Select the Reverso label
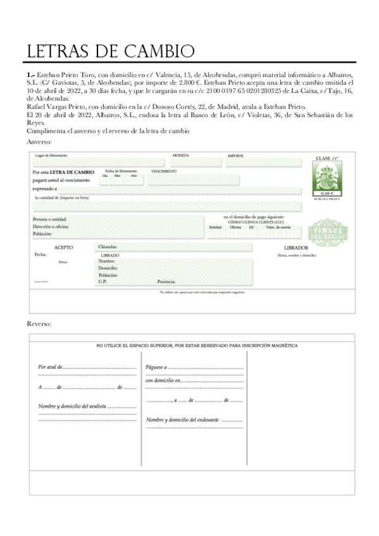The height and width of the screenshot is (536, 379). [x=39, y=323]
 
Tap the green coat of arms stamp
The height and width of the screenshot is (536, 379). [x=327, y=175]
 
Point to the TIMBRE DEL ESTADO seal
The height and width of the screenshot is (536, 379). [x=327, y=233]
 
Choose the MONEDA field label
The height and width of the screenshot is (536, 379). [x=181, y=155]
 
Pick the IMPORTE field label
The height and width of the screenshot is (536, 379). [x=235, y=155]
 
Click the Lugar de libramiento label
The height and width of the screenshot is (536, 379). [x=51, y=155]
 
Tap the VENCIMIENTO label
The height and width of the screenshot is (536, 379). [x=164, y=171]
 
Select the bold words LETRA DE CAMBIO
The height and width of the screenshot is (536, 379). [x=72, y=172]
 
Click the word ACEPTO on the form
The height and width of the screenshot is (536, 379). [x=63, y=247]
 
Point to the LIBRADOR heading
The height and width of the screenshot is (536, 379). [x=296, y=247]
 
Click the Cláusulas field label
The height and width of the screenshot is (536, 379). [x=108, y=247]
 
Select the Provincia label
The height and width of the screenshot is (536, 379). [x=166, y=281]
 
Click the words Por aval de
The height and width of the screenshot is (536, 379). [x=50, y=367]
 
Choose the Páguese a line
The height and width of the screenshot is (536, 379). [x=156, y=367]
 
